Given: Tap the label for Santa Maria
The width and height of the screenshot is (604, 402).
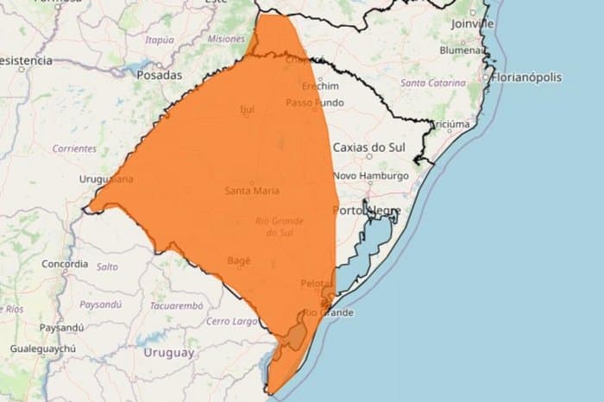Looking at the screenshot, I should (252, 191).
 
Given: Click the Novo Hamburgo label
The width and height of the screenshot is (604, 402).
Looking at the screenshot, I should (370, 175).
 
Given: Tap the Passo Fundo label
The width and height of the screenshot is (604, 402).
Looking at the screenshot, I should (315, 103).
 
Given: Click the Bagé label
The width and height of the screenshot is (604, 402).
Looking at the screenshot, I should (238, 260).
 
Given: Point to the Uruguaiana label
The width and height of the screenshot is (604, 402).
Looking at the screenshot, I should (106, 179).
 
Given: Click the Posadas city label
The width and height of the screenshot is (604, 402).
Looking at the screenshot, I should (160, 75).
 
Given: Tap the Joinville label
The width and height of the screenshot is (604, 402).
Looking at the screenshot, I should (472, 24).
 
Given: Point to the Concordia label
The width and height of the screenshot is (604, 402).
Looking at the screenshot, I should (65, 263).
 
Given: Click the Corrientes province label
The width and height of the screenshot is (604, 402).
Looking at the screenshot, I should (74, 148).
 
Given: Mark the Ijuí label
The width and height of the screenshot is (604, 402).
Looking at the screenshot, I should (247, 110).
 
